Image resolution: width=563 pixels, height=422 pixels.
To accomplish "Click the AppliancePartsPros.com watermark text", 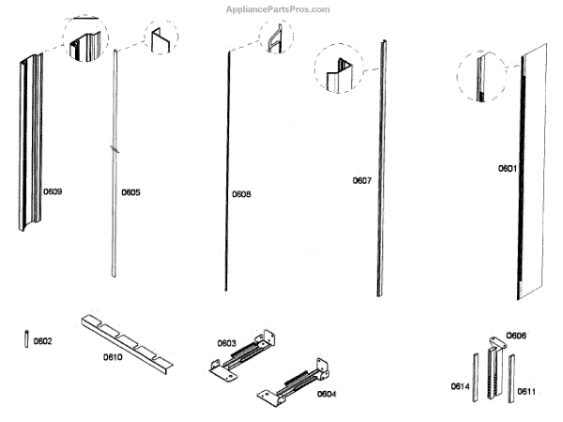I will click(279, 9).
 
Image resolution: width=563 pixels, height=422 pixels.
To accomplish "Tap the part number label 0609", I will click(53, 192).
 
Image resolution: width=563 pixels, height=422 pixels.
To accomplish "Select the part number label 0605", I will click(130, 192).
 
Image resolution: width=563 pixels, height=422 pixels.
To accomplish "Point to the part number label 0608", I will click(241, 194).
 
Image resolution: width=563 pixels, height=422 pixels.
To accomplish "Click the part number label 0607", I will click(363, 180).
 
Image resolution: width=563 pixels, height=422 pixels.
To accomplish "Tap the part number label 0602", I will click(43, 340).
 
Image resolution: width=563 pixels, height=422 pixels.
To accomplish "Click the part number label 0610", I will click(114, 356).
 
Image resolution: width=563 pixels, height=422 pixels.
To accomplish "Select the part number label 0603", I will click(227, 342).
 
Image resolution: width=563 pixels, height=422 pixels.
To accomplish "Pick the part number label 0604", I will click(326, 394).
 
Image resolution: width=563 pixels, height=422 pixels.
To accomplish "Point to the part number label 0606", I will click(516, 335).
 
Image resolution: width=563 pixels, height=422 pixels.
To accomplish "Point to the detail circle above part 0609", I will click(85, 40).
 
